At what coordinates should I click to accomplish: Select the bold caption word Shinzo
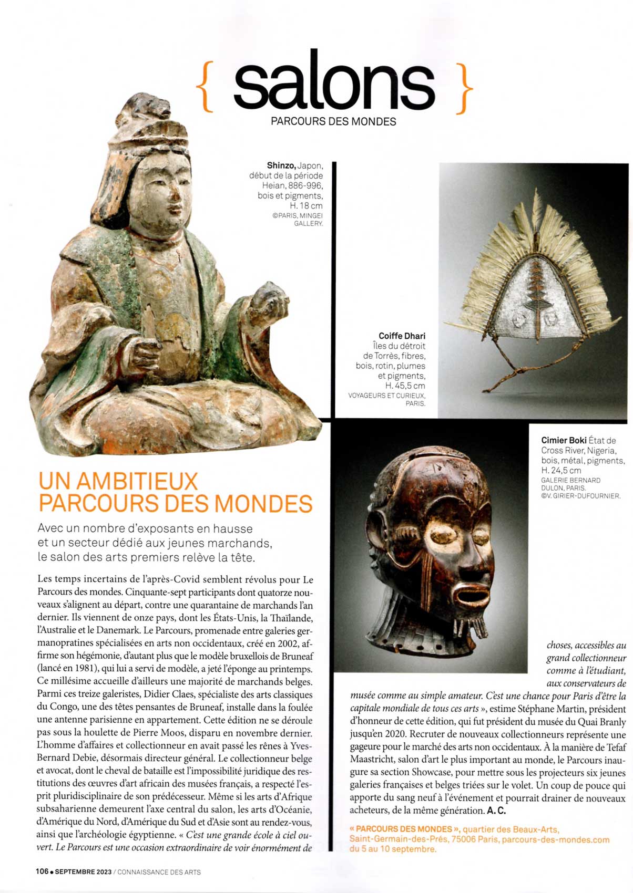(x=281, y=166)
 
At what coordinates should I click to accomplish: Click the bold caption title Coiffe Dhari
(x=402, y=336)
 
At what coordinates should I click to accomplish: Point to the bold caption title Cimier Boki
(x=564, y=441)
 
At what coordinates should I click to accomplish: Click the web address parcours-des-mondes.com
(x=555, y=839)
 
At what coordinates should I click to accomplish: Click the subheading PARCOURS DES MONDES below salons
(x=333, y=122)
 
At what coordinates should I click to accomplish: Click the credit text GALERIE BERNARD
(x=570, y=480)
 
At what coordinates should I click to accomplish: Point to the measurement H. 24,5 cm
(x=561, y=471)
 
